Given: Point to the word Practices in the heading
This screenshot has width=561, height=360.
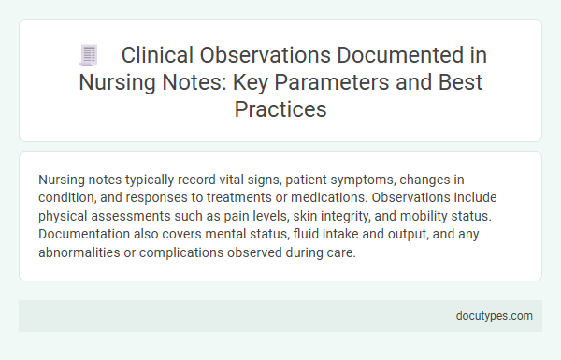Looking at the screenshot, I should coord(280,109).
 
